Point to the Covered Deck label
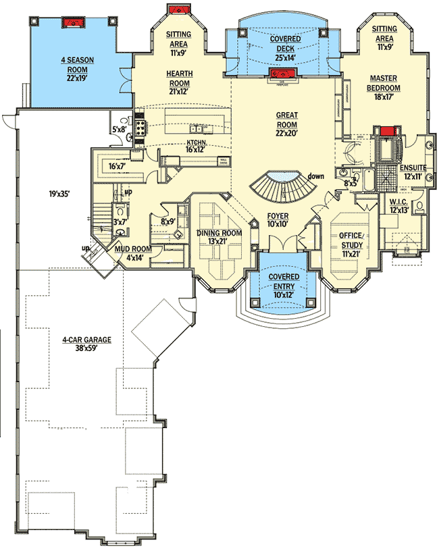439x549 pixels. (286, 40)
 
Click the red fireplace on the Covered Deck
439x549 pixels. (279, 74)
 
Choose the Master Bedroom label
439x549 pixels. (384, 82)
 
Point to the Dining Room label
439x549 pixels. (218, 233)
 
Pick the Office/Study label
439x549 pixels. (351, 240)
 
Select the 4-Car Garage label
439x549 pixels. (87, 340)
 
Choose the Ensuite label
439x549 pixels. (413, 167)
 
